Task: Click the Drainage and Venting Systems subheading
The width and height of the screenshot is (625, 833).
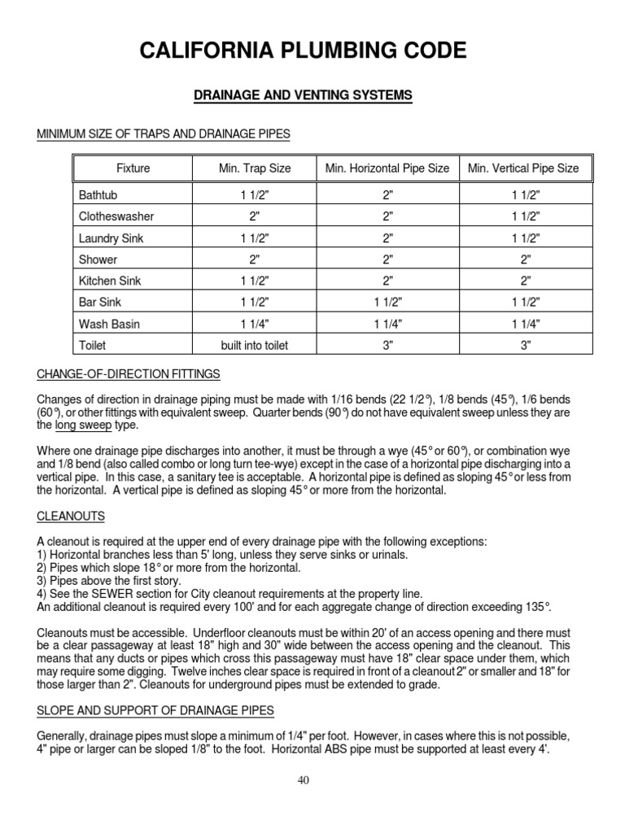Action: (303, 96)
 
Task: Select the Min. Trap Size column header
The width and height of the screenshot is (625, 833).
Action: (255, 168)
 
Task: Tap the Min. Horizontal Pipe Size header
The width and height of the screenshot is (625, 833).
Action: (387, 168)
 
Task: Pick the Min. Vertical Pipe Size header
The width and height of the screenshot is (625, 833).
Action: (523, 168)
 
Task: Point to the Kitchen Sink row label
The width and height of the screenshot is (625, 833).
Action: (110, 281)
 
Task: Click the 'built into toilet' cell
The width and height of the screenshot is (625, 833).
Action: (255, 345)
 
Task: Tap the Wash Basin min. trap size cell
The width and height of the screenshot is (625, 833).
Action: (255, 324)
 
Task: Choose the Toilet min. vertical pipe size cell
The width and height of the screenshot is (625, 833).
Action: (525, 345)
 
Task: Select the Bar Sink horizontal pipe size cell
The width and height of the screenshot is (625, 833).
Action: (387, 303)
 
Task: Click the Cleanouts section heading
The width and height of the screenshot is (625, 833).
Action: (70, 517)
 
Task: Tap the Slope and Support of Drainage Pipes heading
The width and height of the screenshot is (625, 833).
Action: (155, 711)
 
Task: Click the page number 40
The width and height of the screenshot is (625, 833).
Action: (304, 780)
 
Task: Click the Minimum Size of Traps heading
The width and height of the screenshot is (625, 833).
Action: (164, 133)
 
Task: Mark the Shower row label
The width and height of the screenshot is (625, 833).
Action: (98, 260)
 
